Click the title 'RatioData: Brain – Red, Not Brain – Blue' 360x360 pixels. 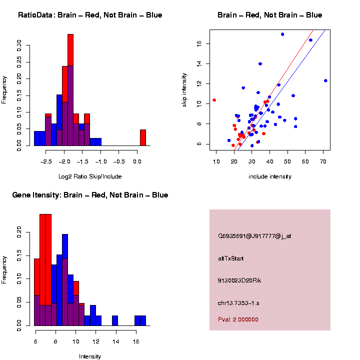point(90,15)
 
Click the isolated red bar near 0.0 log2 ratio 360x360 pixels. point(142,137)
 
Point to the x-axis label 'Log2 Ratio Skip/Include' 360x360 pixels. point(89,176)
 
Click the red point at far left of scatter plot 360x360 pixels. point(214,100)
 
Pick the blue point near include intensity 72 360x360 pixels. point(325,80)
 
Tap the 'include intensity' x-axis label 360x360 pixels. point(270,176)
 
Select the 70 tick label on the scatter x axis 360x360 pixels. point(323,162)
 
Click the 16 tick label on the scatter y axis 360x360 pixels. point(198,43)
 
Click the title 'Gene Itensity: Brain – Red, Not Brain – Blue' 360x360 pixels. point(90,195)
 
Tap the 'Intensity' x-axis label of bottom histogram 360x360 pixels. point(90,356)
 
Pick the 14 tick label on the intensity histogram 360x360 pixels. point(115,342)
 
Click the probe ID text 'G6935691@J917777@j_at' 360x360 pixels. point(254,236)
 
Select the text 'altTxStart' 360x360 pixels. point(230,258)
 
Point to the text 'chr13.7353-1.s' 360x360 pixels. point(238,302)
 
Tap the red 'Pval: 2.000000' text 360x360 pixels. point(238,319)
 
